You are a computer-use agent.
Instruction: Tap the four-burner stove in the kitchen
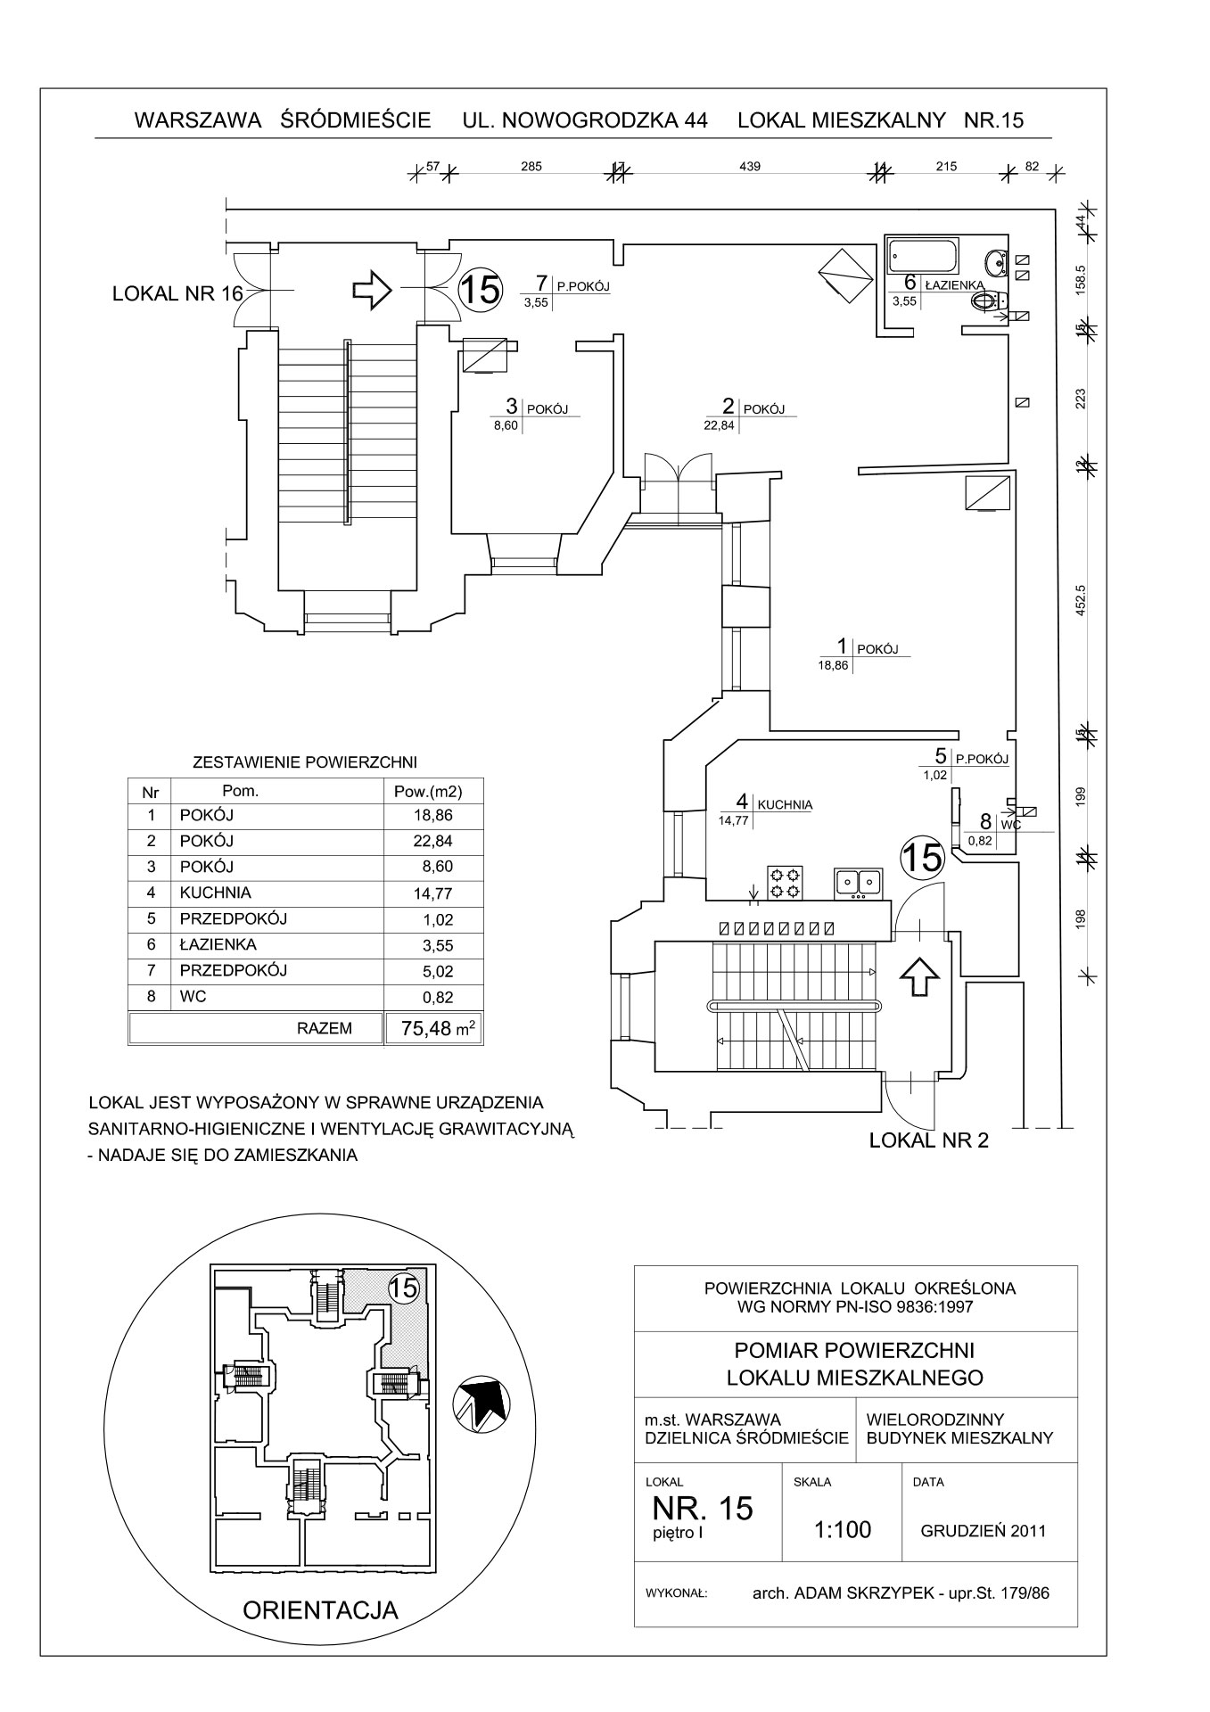[785, 882]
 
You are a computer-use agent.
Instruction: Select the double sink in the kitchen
[857, 882]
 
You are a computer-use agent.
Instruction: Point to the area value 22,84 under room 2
[720, 425]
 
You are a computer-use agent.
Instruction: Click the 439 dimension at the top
[750, 166]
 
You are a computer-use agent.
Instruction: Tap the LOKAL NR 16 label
[177, 293]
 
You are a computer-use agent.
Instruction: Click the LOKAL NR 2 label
[928, 1140]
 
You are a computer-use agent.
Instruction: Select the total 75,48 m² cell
[437, 1028]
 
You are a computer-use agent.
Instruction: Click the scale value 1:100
[842, 1529]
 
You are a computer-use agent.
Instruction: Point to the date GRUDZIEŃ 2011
[983, 1530]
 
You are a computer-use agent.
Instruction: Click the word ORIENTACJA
[320, 1609]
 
